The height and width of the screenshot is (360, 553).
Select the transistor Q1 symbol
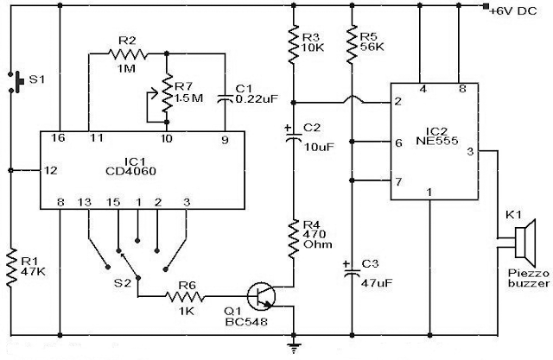pyautogui.click(x=261, y=297)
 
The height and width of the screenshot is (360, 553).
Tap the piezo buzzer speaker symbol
pyautogui.click(x=525, y=243)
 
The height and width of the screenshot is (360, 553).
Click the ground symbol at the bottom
pyautogui.click(x=294, y=347)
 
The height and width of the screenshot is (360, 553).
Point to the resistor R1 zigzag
pyautogui.click(x=11, y=267)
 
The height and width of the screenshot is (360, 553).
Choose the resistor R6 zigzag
pyautogui.click(x=184, y=297)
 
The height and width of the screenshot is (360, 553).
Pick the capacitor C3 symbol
pyautogui.click(x=352, y=269)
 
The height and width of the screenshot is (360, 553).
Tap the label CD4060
pyautogui.click(x=130, y=172)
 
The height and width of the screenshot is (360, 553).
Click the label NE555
pyautogui.click(x=436, y=141)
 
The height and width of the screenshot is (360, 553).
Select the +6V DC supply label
pyautogui.click(x=513, y=11)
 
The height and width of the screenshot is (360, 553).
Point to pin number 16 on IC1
pyautogui.click(x=58, y=137)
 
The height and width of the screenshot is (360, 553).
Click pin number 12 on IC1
pyautogui.click(x=51, y=170)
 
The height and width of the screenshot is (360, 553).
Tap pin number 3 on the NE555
pyautogui.click(x=470, y=151)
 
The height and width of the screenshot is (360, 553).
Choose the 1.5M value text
pyautogui.click(x=188, y=98)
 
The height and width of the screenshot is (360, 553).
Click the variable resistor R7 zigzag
pyautogui.click(x=167, y=94)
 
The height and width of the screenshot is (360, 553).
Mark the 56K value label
pyautogui.click(x=372, y=47)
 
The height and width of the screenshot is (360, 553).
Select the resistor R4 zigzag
pyautogui.click(x=294, y=240)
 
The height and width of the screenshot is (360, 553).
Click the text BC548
pyautogui.click(x=246, y=322)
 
